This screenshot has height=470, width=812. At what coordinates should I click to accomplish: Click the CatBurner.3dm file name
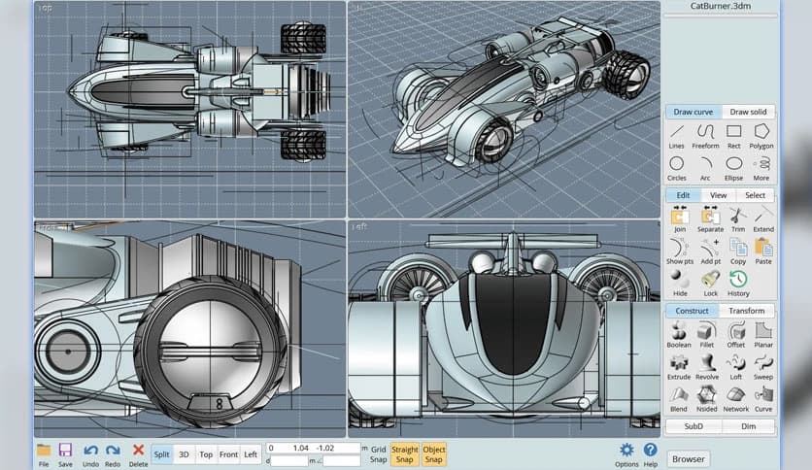(x=720, y=6)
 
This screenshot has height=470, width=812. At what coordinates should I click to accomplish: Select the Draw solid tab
(x=747, y=112)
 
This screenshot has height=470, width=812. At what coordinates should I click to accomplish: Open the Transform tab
(x=747, y=311)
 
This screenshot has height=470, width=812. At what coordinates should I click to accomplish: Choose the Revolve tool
(x=706, y=363)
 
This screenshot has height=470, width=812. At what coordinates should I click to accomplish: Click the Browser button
(x=689, y=458)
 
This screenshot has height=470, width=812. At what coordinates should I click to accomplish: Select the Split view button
(x=161, y=453)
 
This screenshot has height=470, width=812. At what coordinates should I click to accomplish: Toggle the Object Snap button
(x=434, y=453)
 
